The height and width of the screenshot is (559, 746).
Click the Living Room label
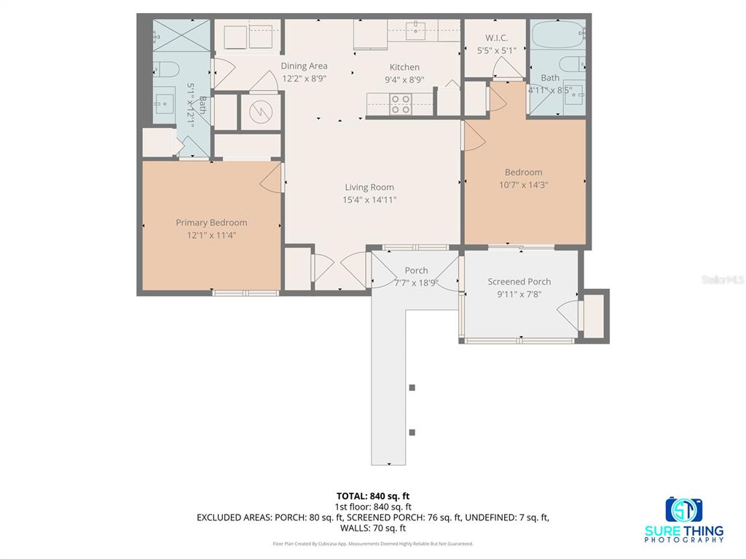[369, 187]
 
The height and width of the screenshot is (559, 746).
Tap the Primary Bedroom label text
[211, 223]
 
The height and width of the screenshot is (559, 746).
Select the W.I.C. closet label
[496, 38]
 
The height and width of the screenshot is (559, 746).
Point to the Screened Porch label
[519, 282]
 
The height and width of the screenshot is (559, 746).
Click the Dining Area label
[304, 66]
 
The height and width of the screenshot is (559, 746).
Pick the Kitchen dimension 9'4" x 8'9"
[404, 80]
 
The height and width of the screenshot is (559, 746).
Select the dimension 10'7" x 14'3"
[523, 185]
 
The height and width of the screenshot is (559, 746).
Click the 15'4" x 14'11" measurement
[369, 199]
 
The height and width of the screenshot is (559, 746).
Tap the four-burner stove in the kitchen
[400, 105]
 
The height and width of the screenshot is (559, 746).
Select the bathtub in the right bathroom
[557, 35]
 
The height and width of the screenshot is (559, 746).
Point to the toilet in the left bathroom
[167, 70]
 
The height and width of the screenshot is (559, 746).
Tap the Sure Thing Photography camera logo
[684, 510]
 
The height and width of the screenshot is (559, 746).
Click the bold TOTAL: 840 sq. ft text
[373, 496]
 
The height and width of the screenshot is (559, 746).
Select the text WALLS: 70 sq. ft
[373, 528]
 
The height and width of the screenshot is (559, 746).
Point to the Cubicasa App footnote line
[373, 544]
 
